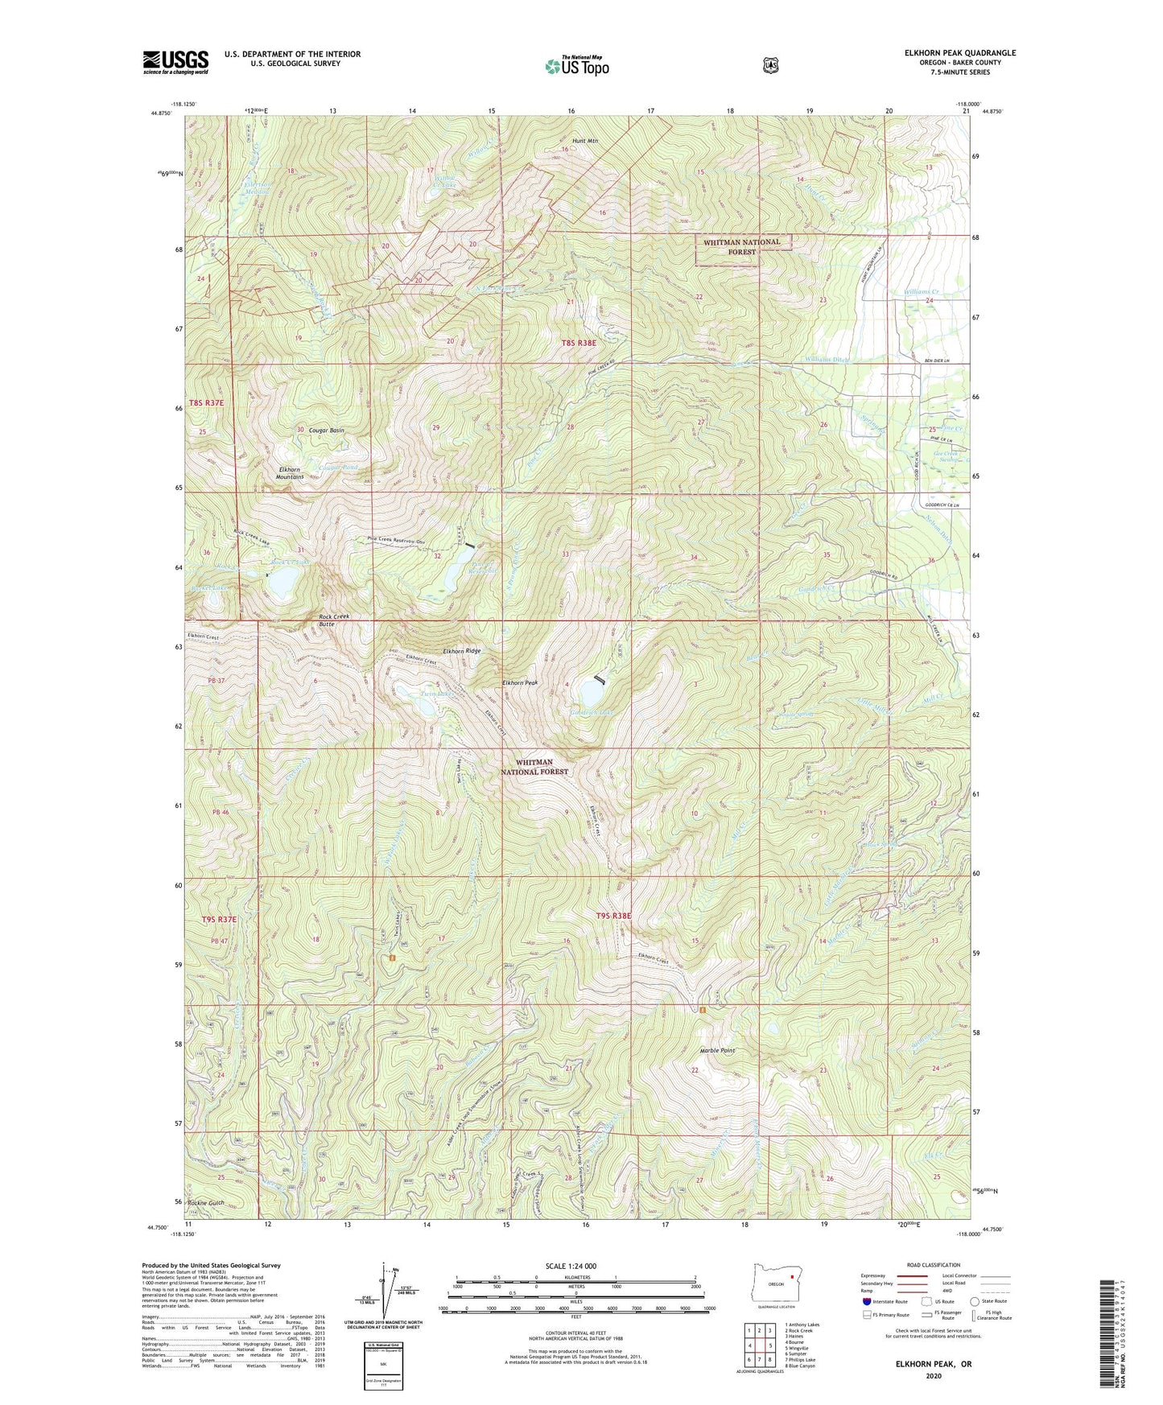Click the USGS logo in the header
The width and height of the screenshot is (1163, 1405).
click(175, 62)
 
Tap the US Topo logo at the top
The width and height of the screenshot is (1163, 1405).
click(576, 66)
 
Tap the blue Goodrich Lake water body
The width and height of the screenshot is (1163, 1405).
click(592, 691)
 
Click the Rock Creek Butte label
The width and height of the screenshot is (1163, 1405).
click(334, 620)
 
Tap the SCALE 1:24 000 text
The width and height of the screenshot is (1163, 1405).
click(571, 1266)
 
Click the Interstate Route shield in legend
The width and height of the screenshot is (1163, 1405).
click(866, 1301)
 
